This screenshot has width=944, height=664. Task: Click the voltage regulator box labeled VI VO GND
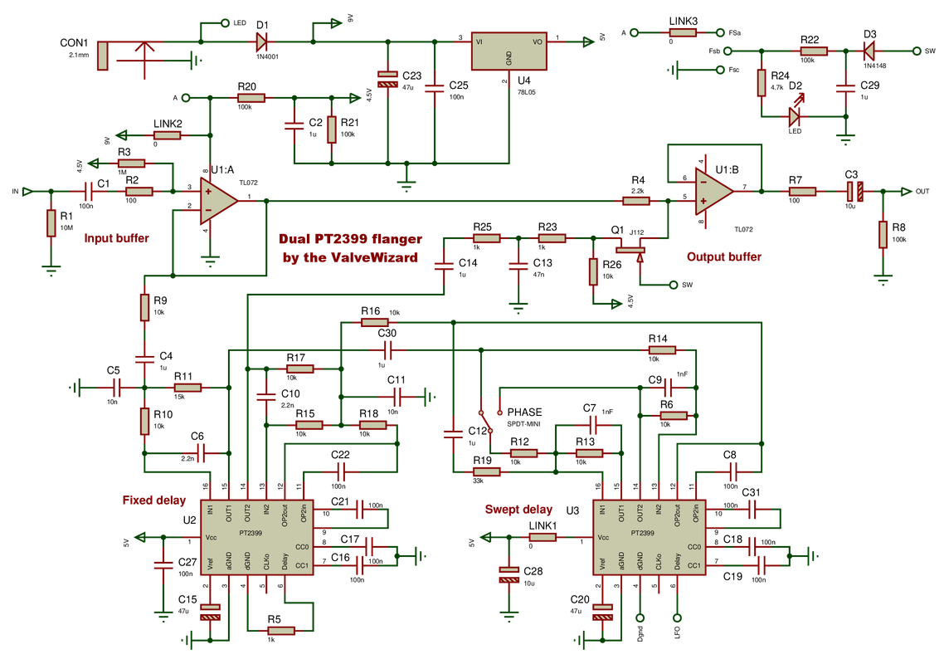(x=508, y=51)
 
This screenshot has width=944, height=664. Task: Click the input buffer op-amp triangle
(x=217, y=200)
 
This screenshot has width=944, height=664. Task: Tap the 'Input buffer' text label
(x=116, y=238)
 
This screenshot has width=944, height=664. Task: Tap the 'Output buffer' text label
(x=723, y=257)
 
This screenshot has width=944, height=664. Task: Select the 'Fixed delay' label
(x=153, y=500)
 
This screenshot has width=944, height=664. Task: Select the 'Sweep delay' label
(x=518, y=510)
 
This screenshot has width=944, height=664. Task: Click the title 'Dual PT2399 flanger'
(x=351, y=238)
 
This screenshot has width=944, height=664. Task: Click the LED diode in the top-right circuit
(x=796, y=117)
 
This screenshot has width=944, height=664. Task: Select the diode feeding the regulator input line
(x=261, y=41)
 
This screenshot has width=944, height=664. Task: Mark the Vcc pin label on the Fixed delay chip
(x=212, y=538)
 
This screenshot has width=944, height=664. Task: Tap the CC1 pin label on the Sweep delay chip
(x=695, y=567)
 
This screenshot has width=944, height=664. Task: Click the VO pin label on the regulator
(x=537, y=41)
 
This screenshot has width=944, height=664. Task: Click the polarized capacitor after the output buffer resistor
(x=855, y=192)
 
